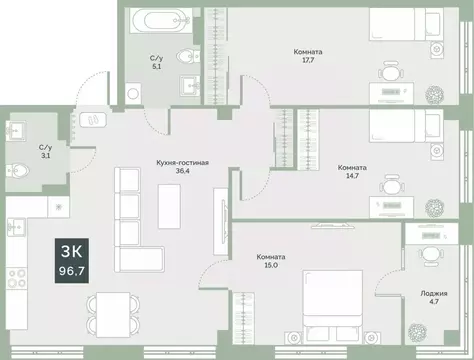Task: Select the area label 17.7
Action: [307, 63]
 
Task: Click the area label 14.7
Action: [351, 179]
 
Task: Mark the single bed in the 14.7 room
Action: [404, 128]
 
